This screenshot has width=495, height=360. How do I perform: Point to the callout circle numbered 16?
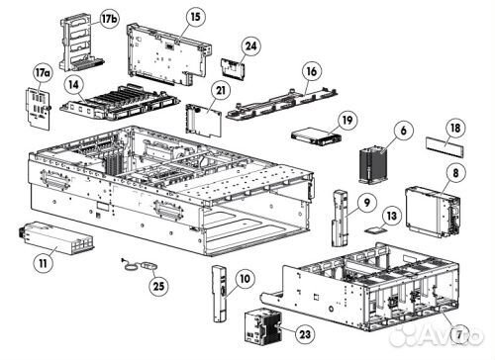point(312,72)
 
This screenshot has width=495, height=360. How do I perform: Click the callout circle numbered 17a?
point(42,73)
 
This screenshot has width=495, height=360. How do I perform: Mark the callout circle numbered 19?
point(346,120)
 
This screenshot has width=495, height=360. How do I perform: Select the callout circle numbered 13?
point(391,215)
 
